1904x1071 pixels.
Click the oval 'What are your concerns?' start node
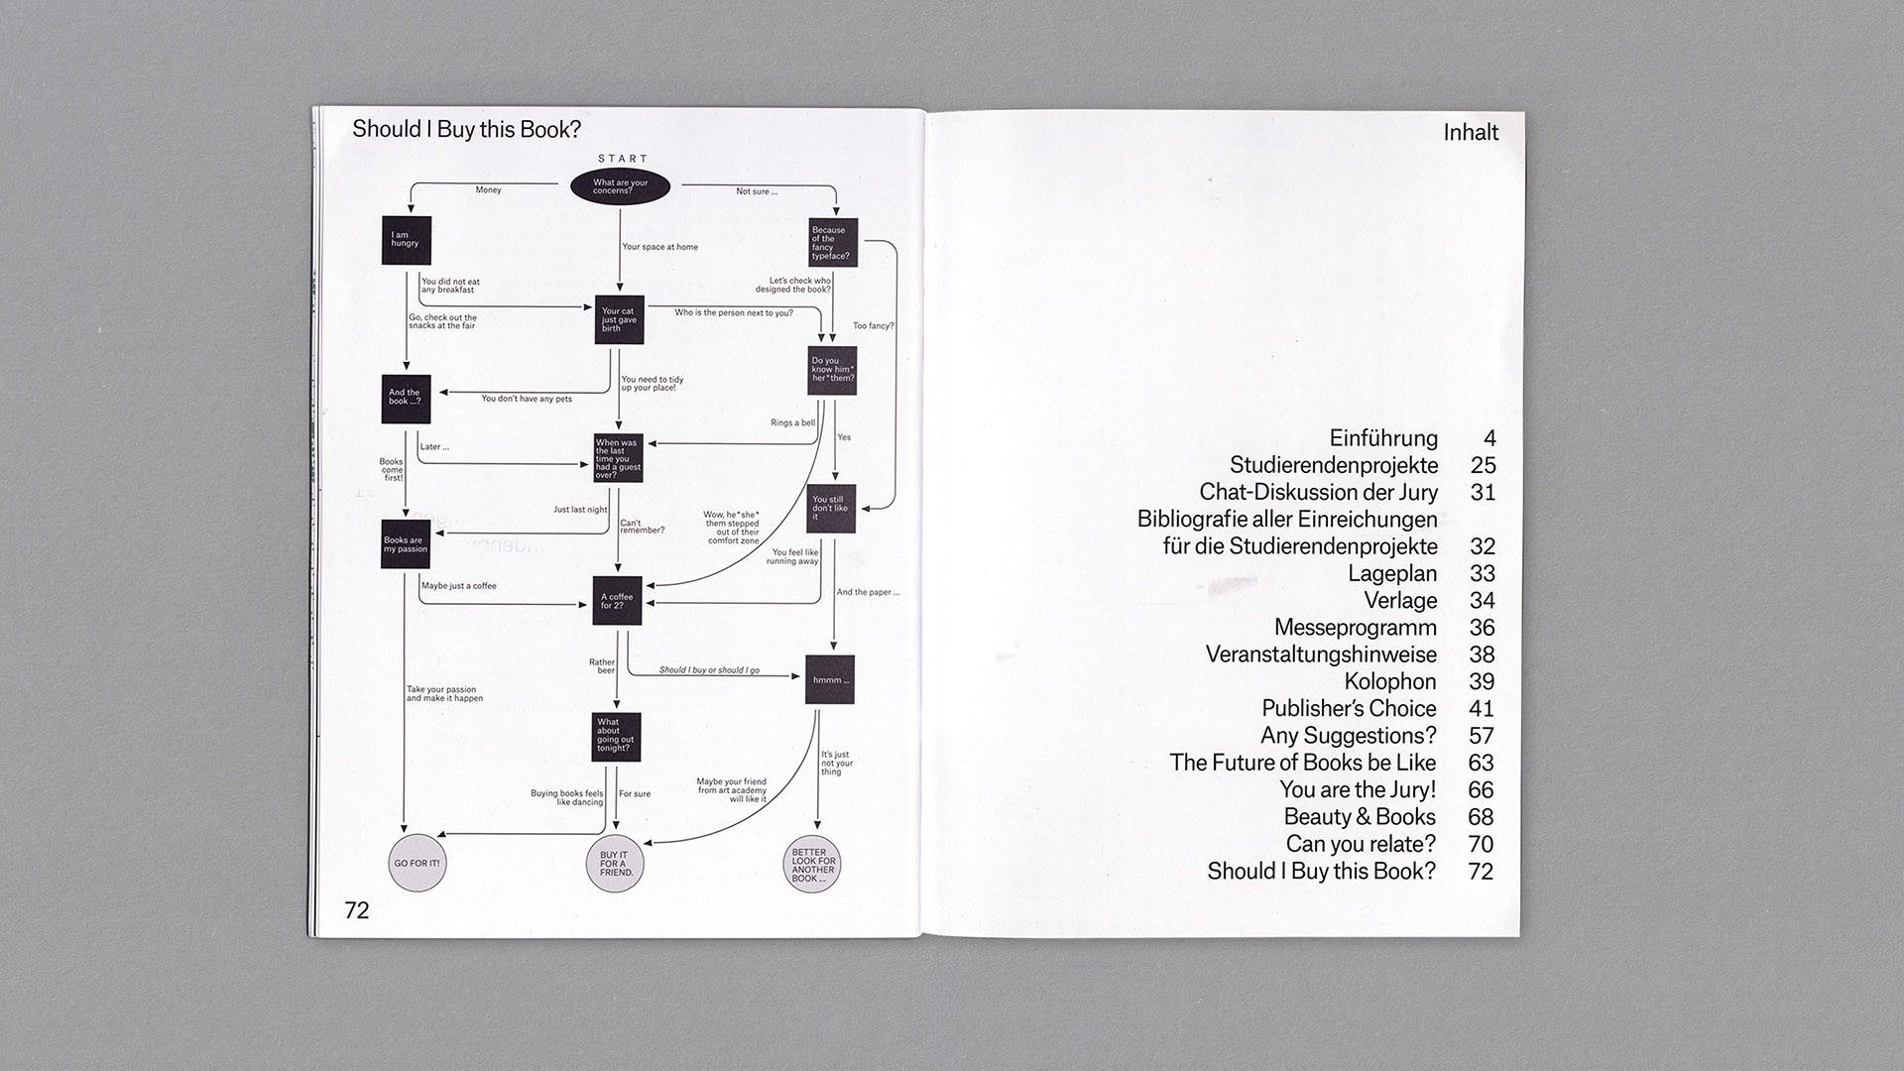tap(620, 186)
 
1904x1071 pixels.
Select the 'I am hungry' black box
tap(407, 240)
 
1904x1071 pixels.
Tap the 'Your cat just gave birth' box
tap(620, 319)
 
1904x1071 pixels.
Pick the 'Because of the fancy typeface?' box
tap(833, 243)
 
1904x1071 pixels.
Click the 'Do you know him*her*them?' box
tap(832, 371)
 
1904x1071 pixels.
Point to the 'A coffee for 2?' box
tap(617, 601)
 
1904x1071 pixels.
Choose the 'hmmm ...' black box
tap(830, 679)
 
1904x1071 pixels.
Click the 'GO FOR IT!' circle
tap(416, 864)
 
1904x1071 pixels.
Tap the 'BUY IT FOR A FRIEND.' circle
tap(616, 864)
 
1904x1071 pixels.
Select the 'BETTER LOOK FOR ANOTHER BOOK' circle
tap(814, 865)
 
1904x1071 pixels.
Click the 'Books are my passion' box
tap(406, 544)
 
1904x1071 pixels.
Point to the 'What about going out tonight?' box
tap(616, 737)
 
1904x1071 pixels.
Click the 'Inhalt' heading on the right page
tap(1471, 133)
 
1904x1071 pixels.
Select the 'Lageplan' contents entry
tap(1392, 573)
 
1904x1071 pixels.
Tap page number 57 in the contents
tap(1482, 736)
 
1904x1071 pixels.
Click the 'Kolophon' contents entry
tap(1390, 681)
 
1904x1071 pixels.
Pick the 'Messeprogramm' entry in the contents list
tap(1356, 628)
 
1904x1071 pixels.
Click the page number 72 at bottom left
tap(357, 910)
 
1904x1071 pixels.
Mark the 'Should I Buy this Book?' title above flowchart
tap(466, 130)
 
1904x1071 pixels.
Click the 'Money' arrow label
tap(489, 189)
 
